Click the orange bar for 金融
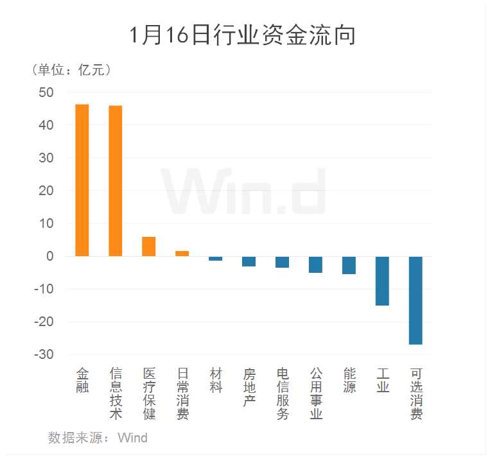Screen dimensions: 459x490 pos(82,180)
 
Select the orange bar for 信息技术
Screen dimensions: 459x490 pos(115,180)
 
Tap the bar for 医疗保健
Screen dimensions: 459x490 pos(148,247)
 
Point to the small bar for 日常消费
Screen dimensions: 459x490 pos(182,254)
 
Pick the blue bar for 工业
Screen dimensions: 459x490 pos(382,281)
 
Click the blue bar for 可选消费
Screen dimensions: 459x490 pos(416,300)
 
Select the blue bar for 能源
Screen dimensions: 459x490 pos(349,265)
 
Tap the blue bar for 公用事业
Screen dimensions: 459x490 pos(315,264)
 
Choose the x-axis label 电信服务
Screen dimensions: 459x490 pos(283,394)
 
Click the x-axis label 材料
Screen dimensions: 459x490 pos(216,380)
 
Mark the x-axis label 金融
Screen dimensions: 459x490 pos(82,380)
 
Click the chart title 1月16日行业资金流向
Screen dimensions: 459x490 pos(243,35)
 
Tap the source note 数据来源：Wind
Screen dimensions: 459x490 pos(98,438)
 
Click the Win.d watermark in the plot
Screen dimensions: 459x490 pos(244,191)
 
